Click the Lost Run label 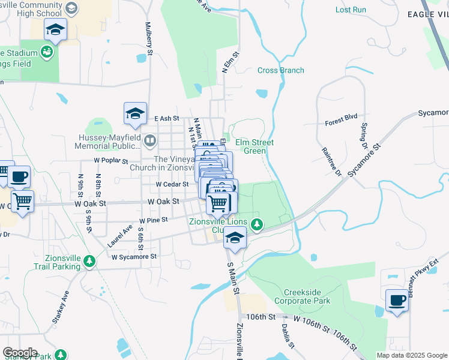coord(351,10)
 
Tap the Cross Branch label coord(280,70)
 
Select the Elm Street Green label coord(254,146)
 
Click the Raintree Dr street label coord(331,162)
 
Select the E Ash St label coord(167,119)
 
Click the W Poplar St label coord(111,161)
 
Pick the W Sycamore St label coord(134,256)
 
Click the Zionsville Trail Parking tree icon coord(89,261)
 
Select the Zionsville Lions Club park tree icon coord(257,224)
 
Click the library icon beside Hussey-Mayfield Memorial coord(150,142)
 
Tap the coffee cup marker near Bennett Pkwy coord(396,300)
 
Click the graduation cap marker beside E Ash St coord(135,113)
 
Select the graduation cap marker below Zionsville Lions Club coord(235,238)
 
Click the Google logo coord(19,353)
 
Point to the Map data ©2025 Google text coord(411,355)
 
